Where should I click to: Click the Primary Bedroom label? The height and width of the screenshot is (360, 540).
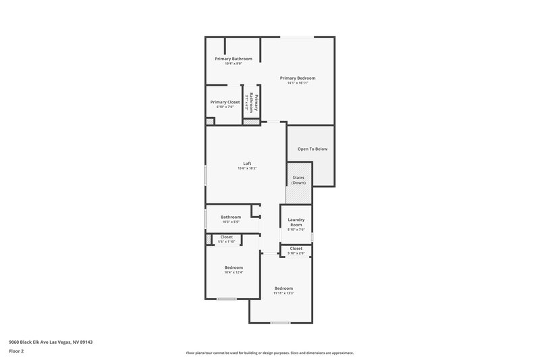[298, 78]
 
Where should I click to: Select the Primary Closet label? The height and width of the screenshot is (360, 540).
[225, 102]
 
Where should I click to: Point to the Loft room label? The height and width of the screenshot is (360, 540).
[247, 163]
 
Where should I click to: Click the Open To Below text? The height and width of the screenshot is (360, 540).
[313, 149]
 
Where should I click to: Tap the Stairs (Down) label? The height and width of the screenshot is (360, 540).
[298, 180]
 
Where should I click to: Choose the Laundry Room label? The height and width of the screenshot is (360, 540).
[296, 222]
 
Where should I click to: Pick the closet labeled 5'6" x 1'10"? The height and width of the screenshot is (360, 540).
[227, 239]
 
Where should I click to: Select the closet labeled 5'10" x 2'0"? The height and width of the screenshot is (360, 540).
[296, 251]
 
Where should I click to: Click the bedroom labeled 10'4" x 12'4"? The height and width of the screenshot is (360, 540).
[234, 269]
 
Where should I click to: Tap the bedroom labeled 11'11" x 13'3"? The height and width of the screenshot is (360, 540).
[283, 290]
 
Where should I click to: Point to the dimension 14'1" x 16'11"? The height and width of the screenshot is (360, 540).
[298, 83]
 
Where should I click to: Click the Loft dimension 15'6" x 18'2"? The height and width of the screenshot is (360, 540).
[247, 168]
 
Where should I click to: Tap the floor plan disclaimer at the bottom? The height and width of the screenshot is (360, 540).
[269, 353]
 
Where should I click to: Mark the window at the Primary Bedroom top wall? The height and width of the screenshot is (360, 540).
[296, 36]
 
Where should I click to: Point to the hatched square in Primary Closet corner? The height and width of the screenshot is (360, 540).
[210, 122]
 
